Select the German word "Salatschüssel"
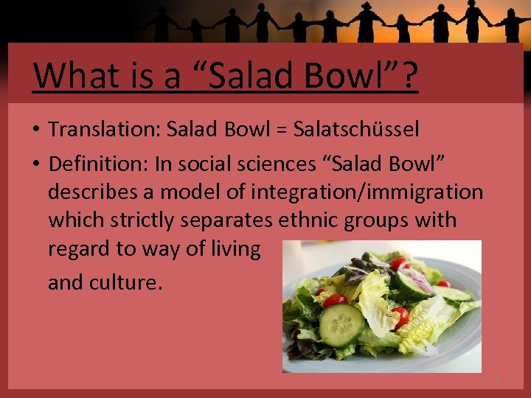click(356, 130)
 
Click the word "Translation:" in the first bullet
click(105, 130)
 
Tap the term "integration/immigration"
click(367, 191)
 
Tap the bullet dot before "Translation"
click(36, 130)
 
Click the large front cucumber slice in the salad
click(341, 324)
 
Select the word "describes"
click(100, 191)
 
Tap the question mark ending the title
click(409, 74)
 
